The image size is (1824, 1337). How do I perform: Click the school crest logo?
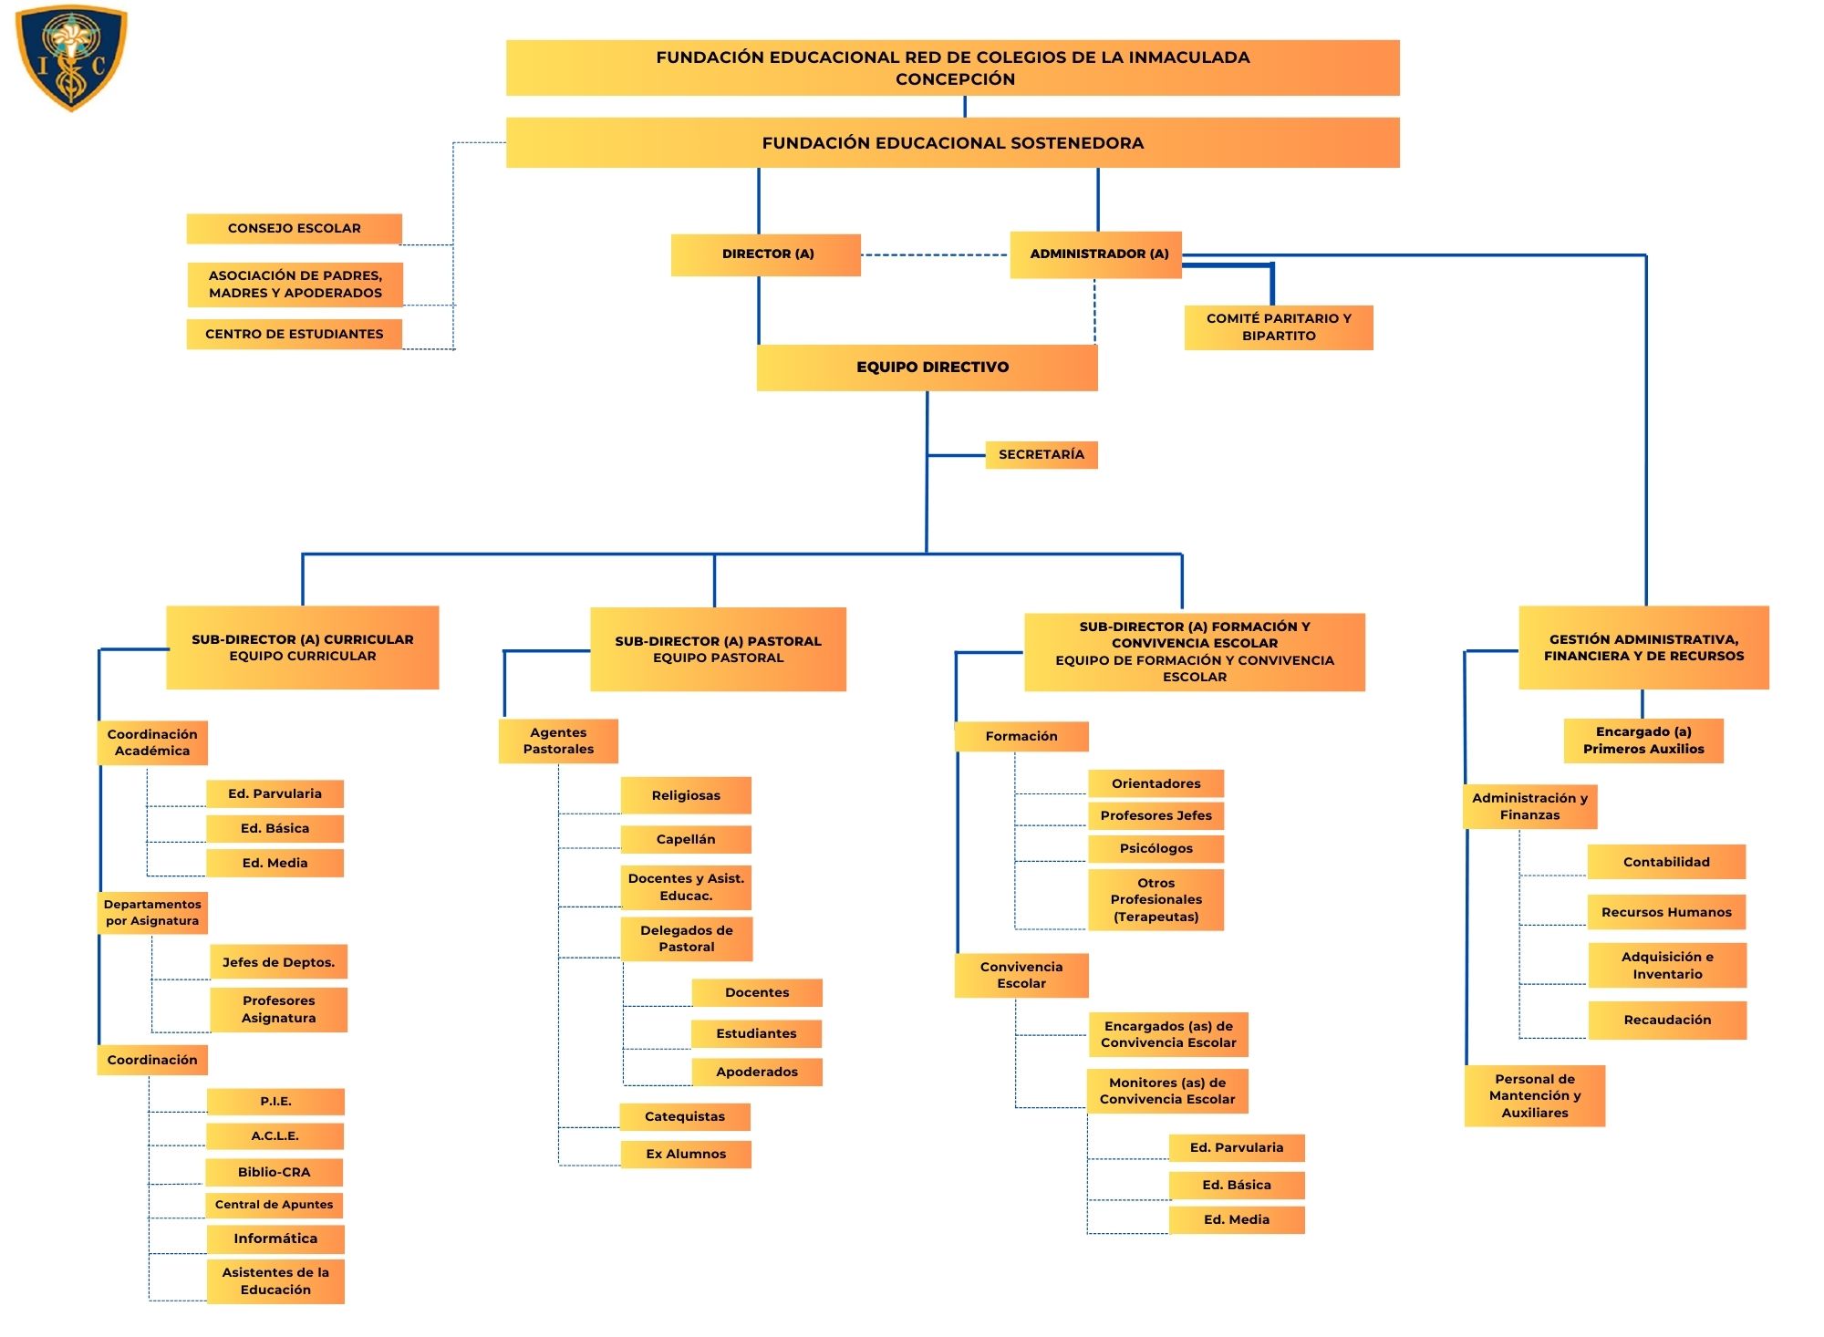(71, 57)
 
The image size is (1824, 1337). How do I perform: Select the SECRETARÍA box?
(1041, 454)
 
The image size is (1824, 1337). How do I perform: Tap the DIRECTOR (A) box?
(766, 254)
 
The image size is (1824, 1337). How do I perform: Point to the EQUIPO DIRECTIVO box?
(928, 368)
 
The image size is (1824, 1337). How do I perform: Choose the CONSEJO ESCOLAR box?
(294, 229)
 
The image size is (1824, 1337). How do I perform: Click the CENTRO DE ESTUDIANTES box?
(294, 335)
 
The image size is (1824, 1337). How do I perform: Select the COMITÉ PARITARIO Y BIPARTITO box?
(1278, 327)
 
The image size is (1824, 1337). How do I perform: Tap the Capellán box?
(686, 839)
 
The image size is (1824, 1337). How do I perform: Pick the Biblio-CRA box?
(275, 1172)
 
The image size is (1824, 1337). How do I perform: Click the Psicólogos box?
(1156, 848)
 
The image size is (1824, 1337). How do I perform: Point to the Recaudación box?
(1667, 1020)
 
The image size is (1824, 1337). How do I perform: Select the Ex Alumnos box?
(686, 1154)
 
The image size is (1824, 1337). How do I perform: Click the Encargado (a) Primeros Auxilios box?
(1643, 741)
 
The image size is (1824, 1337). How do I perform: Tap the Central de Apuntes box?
(275, 1205)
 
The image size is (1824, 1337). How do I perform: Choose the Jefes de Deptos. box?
(278, 962)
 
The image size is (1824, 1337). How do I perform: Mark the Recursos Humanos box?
(1666, 912)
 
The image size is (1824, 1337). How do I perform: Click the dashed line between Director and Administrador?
(935, 255)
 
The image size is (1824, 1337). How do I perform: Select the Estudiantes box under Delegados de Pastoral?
(756, 1033)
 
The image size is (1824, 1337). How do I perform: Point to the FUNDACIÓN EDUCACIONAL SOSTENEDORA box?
(952, 143)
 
